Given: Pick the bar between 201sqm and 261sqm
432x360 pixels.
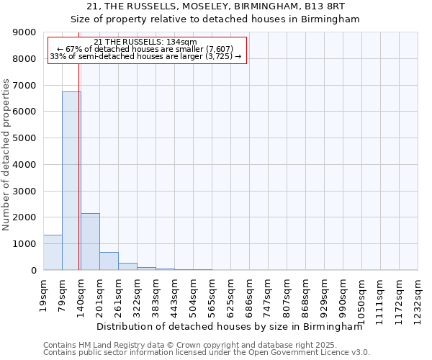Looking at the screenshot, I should coord(109,261).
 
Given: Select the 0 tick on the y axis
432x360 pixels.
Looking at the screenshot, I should coord(33,270).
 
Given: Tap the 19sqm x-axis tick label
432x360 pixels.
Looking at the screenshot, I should coord(43,291).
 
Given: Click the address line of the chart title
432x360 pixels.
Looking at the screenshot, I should coord(215,6).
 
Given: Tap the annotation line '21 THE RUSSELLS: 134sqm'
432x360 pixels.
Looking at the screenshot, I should coord(145,42).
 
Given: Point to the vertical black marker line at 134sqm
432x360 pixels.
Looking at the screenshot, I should coord(78,166).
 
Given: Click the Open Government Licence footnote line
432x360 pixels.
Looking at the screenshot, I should coord(206,353).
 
